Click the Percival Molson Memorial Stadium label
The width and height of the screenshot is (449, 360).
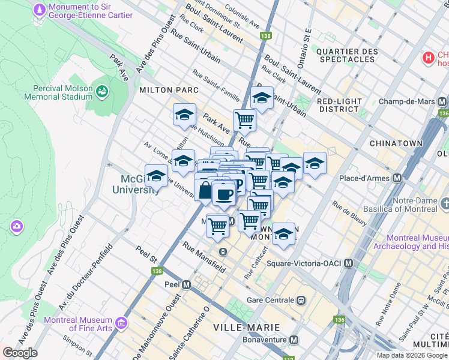59,92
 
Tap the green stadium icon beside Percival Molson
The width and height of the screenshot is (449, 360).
103,91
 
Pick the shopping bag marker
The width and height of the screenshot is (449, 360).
205,191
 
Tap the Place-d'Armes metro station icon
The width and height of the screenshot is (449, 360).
396,178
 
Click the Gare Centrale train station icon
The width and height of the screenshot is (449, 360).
301,300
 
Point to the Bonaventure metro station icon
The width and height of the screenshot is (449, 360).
294,340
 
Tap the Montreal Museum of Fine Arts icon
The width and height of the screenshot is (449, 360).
122,323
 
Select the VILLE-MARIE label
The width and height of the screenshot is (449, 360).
247,328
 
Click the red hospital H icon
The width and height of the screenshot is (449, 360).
429,58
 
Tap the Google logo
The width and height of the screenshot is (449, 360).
20,353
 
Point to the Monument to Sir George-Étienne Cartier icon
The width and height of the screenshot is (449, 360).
39,10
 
